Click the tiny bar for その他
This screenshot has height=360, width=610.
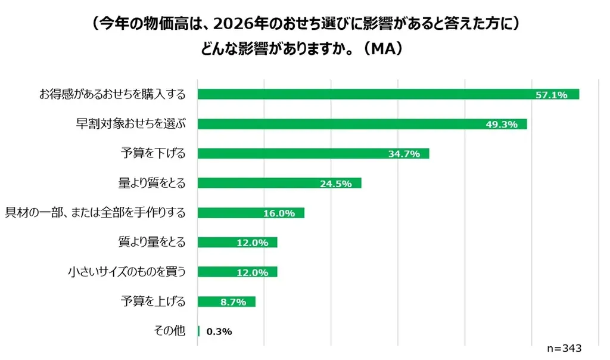coord(198,331)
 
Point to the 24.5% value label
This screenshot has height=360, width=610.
coord(335,184)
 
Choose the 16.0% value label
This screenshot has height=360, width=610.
coord(279,213)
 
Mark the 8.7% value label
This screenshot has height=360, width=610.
coord(233,302)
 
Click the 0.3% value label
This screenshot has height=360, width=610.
coord(219,332)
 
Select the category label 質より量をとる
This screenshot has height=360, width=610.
coord(152,242)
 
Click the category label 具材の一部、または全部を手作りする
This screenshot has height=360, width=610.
coord(95,213)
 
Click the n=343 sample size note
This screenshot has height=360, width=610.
coord(564,348)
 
